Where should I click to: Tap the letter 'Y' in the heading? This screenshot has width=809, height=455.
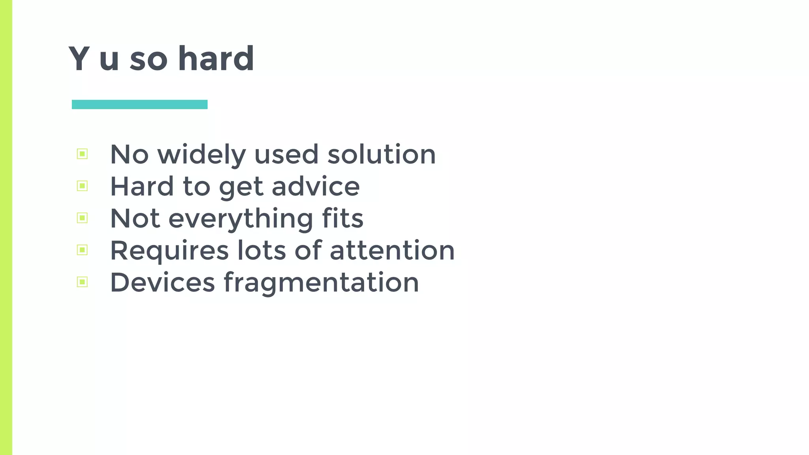pyautogui.click(x=79, y=59)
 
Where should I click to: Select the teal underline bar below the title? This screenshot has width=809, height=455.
pyautogui.click(x=139, y=104)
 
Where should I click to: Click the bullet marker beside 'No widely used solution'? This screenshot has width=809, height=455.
pyautogui.click(x=82, y=154)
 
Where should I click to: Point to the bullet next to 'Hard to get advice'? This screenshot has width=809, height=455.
pyautogui.click(x=82, y=186)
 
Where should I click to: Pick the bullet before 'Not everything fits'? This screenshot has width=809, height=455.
pyautogui.click(x=82, y=218)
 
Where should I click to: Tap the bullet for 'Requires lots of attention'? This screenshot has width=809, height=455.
pyautogui.click(x=82, y=250)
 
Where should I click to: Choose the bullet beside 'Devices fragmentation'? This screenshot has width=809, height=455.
pyautogui.click(x=82, y=282)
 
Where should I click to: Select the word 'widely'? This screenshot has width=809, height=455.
pyautogui.click(x=201, y=155)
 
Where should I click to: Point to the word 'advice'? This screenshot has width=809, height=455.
pyautogui.click(x=316, y=186)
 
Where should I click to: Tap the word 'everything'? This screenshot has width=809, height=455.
pyautogui.click(x=241, y=219)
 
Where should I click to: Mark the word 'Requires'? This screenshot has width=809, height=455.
pyautogui.click(x=169, y=251)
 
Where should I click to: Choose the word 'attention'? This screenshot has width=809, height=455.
pyautogui.click(x=392, y=250)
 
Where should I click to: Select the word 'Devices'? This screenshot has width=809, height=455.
pyautogui.click(x=162, y=282)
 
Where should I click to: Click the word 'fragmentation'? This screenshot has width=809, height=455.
pyautogui.click(x=321, y=283)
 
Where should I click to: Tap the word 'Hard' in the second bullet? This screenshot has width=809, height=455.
pyautogui.click(x=142, y=186)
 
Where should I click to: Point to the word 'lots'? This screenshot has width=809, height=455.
pyautogui.click(x=261, y=250)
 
